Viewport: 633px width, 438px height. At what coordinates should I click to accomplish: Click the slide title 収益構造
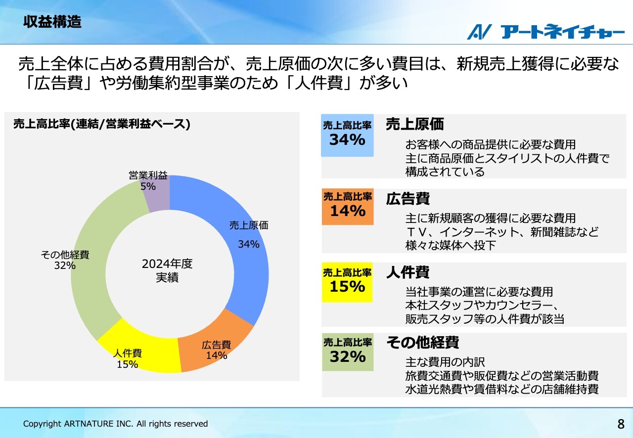click(x=52, y=22)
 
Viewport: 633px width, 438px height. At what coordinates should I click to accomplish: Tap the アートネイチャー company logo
click(x=545, y=32)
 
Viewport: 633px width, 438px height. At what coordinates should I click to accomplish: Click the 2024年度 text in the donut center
click(x=167, y=264)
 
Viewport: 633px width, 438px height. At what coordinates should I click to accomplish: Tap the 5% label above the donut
click(x=148, y=186)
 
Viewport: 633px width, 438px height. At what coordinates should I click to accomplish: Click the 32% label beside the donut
click(x=65, y=265)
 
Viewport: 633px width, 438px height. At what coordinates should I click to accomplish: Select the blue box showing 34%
click(x=347, y=135)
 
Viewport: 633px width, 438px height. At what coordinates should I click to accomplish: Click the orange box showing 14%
click(x=348, y=207)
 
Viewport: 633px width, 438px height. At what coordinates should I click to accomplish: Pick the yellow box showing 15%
click(x=347, y=282)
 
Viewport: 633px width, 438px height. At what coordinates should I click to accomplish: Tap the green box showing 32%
click(x=348, y=352)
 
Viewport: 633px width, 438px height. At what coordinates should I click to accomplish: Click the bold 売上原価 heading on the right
click(x=415, y=124)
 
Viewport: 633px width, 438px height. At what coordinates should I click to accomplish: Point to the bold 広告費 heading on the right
click(x=408, y=198)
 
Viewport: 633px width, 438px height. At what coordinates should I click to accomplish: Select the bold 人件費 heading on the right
click(x=408, y=272)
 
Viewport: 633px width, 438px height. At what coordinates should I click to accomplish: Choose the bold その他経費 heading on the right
click(x=423, y=343)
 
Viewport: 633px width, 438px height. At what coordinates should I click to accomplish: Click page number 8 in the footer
click(x=621, y=424)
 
